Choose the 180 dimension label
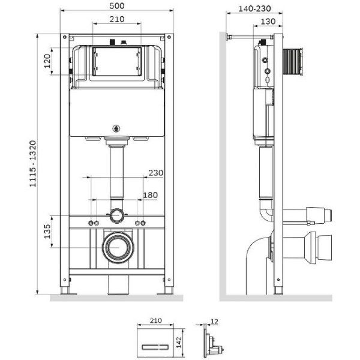pyautogui.click(x=151, y=195)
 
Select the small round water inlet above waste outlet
pyautogui.click(x=116, y=215)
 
